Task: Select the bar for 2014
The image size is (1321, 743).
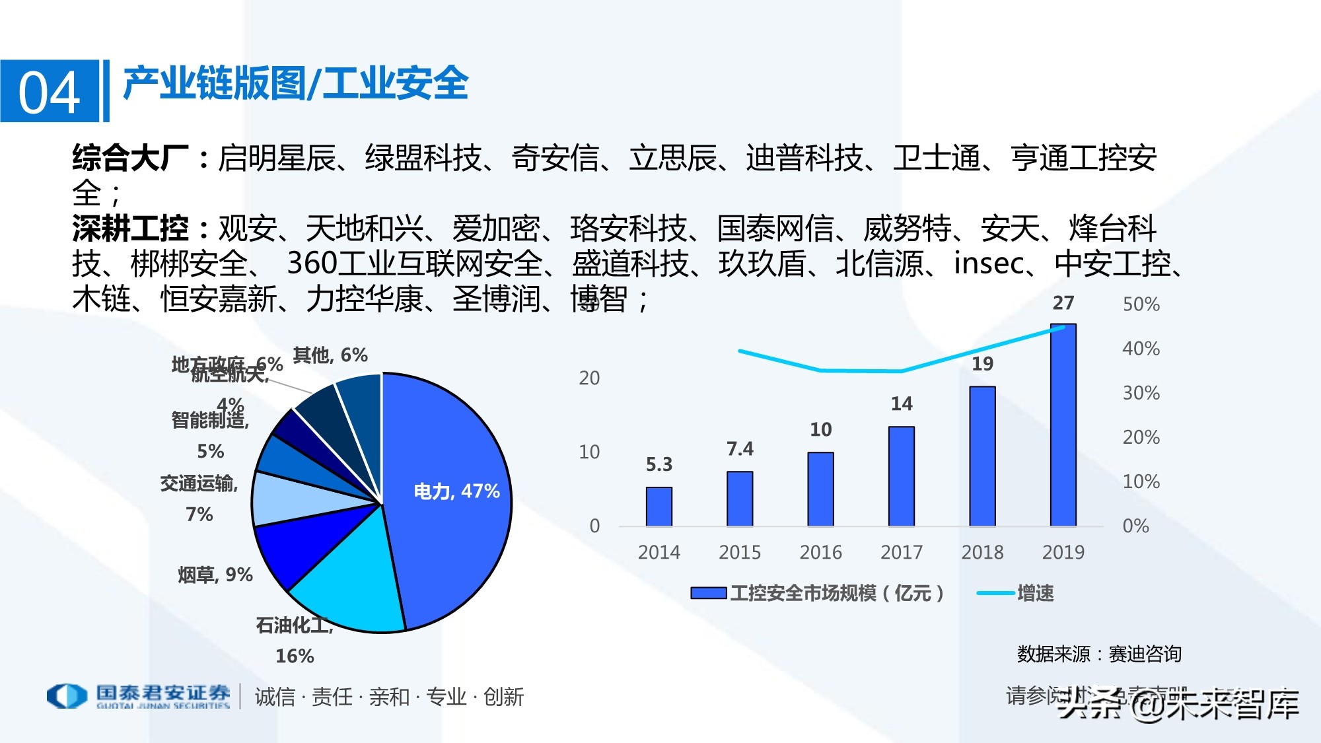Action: pyautogui.click(x=659, y=507)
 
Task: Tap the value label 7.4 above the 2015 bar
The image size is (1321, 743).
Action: pyautogui.click(x=740, y=449)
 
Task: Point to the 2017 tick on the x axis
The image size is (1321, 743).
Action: pyautogui.click(x=901, y=552)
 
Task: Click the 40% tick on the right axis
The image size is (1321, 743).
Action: pyautogui.click(x=1141, y=349)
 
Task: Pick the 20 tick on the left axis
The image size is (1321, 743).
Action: pyautogui.click(x=589, y=378)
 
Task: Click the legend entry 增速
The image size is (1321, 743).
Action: pyautogui.click(x=1034, y=593)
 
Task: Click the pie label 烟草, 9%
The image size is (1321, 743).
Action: pyautogui.click(x=215, y=575)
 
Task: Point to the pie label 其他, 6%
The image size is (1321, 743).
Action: pyautogui.click(x=330, y=355)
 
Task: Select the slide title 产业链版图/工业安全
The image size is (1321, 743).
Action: pyautogui.click(x=295, y=84)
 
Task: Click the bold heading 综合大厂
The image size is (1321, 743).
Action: pyautogui.click(x=130, y=159)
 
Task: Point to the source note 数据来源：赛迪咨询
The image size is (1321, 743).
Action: pyautogui.click(x=1099, y=654)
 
